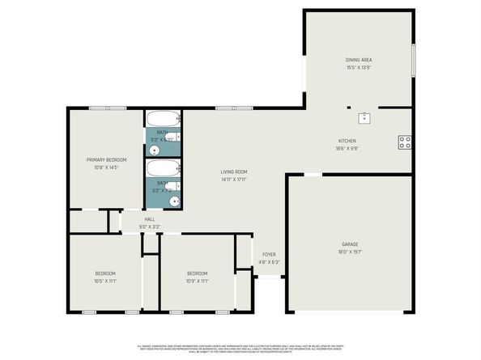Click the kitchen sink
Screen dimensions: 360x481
coord(367,117)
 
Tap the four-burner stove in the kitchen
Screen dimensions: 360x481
coord(403,143)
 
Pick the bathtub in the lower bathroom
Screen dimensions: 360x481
coord(163,169)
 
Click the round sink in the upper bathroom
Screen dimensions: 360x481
coord(155,150)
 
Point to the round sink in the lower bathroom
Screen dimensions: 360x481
coord(172,200)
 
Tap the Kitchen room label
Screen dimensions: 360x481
coord(347,141)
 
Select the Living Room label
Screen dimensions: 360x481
coord(234,172)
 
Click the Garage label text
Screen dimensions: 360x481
coord(350,244)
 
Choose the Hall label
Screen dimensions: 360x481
coord(150,218)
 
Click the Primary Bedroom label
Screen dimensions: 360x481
coord(107,160)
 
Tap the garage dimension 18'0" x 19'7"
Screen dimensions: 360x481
coord(350,252)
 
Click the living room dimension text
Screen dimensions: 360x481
coord(234,180)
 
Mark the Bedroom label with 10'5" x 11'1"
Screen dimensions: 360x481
coord(106,273)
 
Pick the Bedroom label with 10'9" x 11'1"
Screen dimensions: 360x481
coord(198,273)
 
